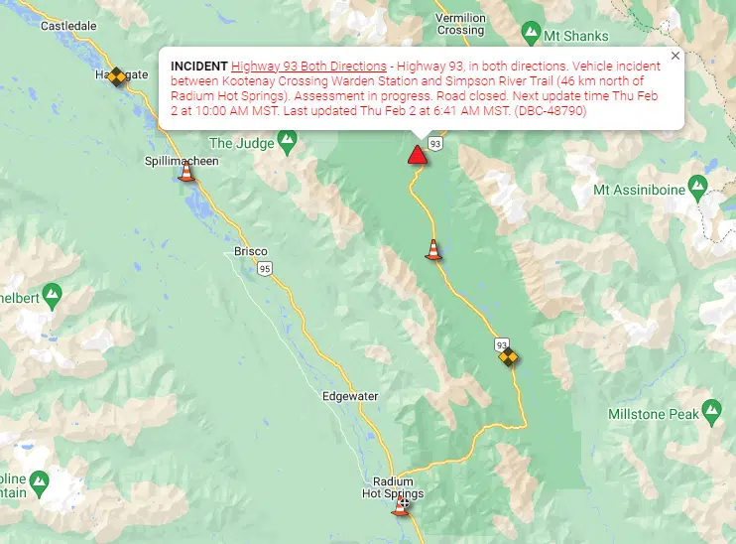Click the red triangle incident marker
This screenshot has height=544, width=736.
(418, 155)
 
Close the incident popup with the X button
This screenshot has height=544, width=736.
(675, 57)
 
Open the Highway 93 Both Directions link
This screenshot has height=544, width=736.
(308, 66)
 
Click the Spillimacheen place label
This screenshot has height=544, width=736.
(182, 161)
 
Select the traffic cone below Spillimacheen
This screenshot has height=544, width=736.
(185, 175)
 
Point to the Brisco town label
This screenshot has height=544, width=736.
(250, 251)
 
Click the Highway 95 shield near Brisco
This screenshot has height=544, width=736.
(264, 269)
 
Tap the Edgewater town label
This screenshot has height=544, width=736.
(350, 396)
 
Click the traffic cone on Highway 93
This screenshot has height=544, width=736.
(432, 250)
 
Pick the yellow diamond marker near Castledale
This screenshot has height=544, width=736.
(117, 75)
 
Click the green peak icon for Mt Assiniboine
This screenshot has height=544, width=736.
(698, 185)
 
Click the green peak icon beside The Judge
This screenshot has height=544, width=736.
(288, 143)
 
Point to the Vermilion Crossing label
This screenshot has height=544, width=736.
(461, 24)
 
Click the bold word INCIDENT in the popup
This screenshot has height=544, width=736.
(199, 66)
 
